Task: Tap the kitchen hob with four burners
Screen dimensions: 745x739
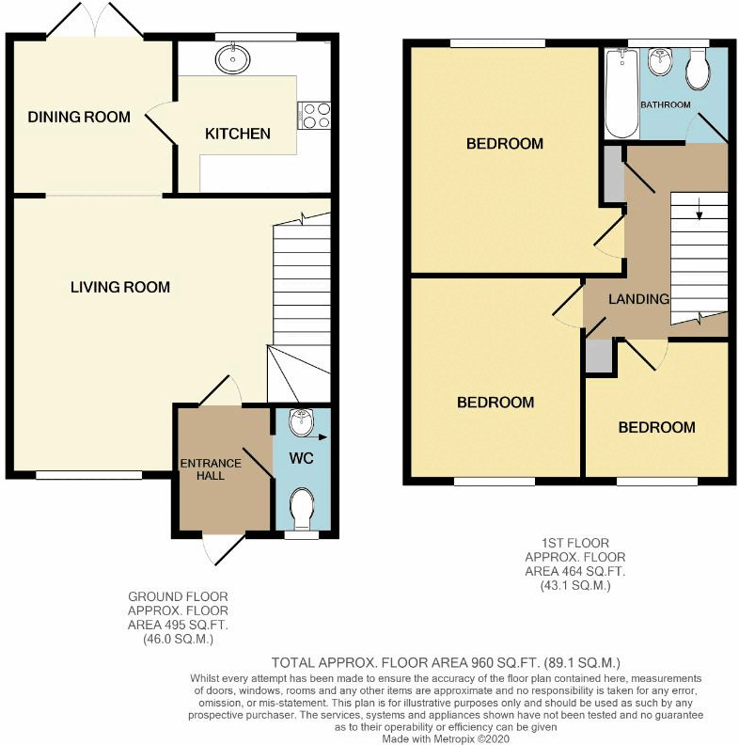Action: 314,114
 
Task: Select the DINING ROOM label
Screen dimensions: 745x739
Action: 79,118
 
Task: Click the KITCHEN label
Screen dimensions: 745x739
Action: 238,134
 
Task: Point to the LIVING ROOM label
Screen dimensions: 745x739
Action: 120,287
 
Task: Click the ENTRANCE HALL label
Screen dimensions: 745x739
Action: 212,469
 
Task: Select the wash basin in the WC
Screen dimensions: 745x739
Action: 301,423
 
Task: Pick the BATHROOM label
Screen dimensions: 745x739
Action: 666,104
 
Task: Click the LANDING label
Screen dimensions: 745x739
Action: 638,299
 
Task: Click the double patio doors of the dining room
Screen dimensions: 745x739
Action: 95,21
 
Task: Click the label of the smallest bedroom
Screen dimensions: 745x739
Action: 656,427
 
